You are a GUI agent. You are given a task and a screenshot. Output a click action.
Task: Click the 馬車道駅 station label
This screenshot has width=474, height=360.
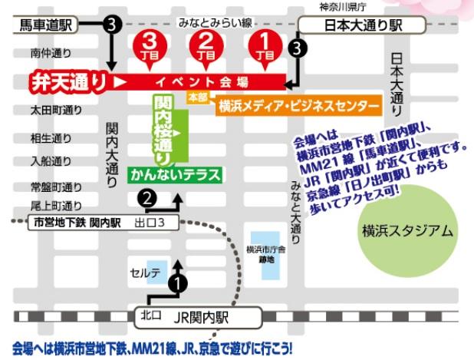click(44, 26)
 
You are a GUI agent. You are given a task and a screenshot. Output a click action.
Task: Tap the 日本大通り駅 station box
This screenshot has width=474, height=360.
click(361, 26)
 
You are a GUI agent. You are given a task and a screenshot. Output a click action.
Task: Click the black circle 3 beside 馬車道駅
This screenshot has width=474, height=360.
click(113, 25)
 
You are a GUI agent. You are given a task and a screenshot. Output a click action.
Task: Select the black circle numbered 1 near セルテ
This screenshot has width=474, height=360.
click(178, 283)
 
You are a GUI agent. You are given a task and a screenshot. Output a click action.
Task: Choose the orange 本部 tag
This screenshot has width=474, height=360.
click(198, 98)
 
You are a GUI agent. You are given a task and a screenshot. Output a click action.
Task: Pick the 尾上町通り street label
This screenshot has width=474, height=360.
click(56, 206)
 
